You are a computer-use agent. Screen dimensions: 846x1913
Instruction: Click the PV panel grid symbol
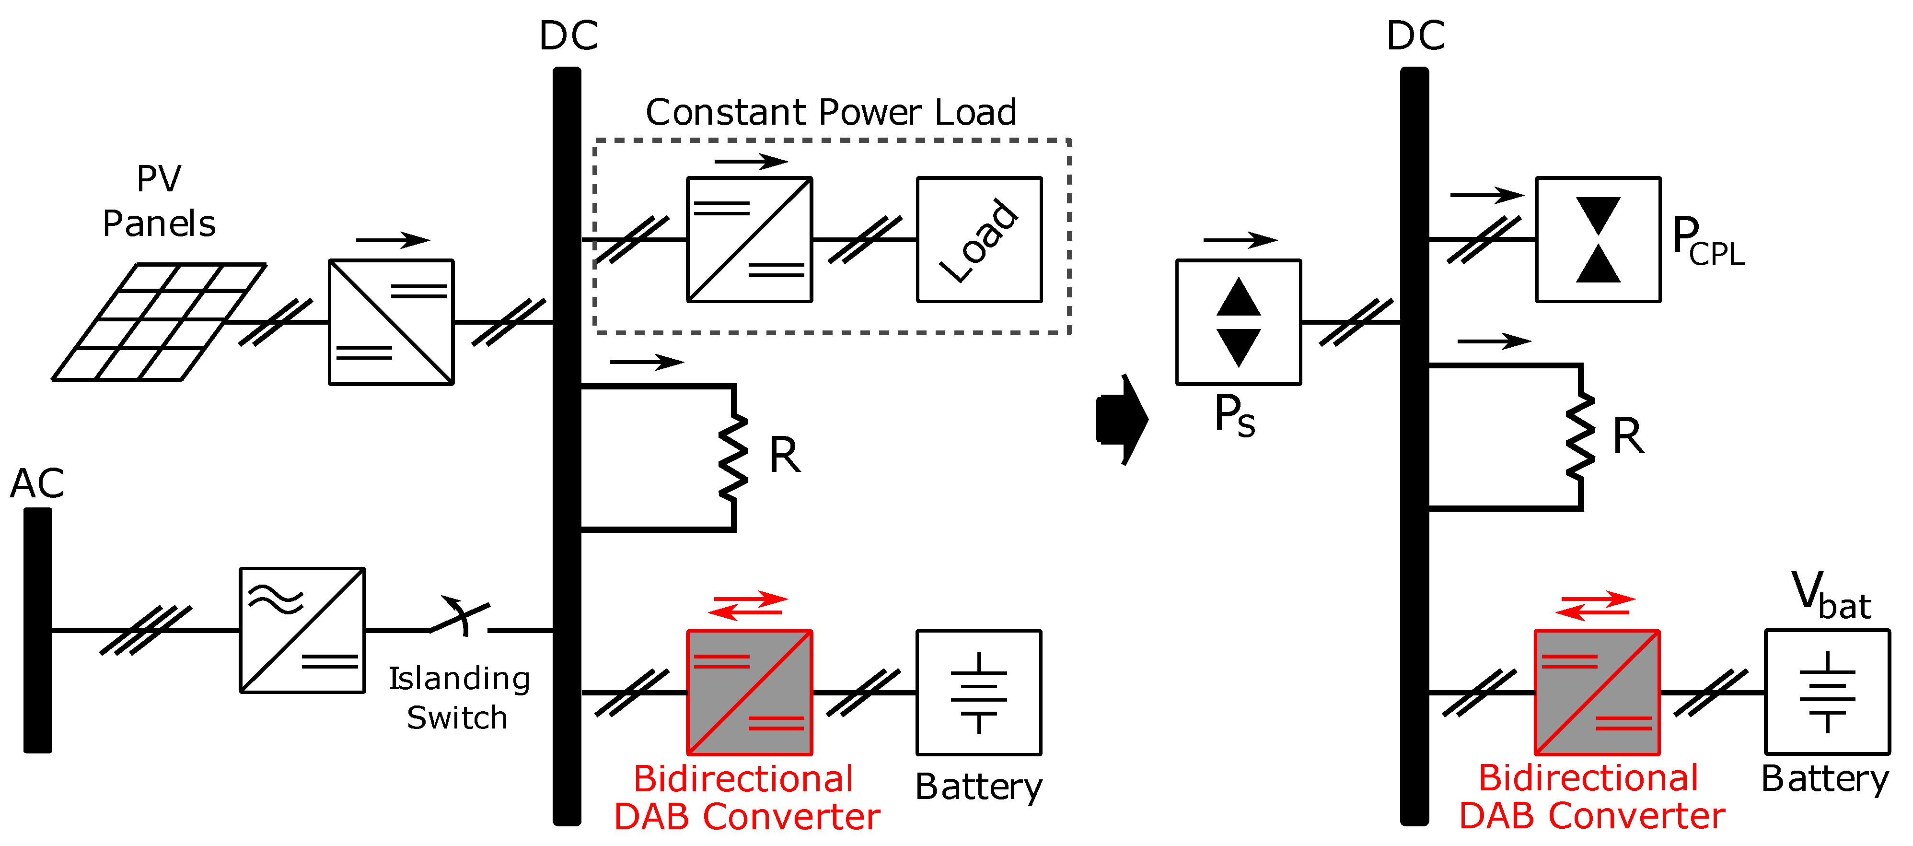point(160,322)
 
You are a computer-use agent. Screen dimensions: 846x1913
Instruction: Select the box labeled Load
point(979,239)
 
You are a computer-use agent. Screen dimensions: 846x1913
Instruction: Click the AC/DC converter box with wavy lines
point(302,630)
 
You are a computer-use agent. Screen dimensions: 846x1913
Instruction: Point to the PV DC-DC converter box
point(391,322)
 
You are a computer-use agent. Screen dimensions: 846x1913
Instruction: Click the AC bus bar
point(37,630)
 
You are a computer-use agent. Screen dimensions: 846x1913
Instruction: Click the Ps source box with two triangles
point(1238,322)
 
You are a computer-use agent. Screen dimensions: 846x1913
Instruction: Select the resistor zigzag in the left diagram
point(734,457)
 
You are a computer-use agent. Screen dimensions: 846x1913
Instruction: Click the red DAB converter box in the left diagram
point(749,692)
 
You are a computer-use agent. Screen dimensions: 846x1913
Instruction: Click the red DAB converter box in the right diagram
point(1597,692)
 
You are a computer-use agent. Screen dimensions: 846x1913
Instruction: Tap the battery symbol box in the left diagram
point(979,692)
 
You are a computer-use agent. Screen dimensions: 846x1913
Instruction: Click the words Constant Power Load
point(830,113)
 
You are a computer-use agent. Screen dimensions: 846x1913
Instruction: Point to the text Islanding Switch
point(459,698)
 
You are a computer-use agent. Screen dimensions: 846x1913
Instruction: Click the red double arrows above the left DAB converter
point(748,605)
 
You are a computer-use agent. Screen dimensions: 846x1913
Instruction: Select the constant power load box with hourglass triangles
point(1598,239)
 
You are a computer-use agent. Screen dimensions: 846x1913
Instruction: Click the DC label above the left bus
point(568,35)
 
